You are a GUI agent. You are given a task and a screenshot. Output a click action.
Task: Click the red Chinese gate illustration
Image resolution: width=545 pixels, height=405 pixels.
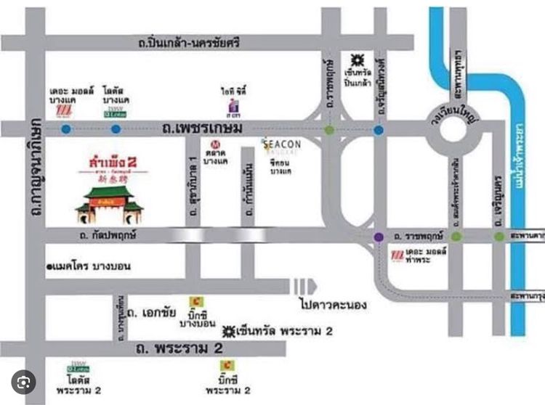[x=111, y=202]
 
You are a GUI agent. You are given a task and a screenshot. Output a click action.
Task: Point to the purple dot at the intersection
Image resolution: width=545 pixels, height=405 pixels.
[x=379, y=237]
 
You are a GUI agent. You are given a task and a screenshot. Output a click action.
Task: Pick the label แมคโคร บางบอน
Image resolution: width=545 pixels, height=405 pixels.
[x=90, y=266]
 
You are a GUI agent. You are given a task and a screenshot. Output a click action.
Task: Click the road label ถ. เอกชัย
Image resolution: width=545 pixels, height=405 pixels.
[x=152, y=314]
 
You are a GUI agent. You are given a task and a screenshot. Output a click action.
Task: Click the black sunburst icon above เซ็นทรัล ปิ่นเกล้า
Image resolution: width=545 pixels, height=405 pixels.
[x=357, y=59]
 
